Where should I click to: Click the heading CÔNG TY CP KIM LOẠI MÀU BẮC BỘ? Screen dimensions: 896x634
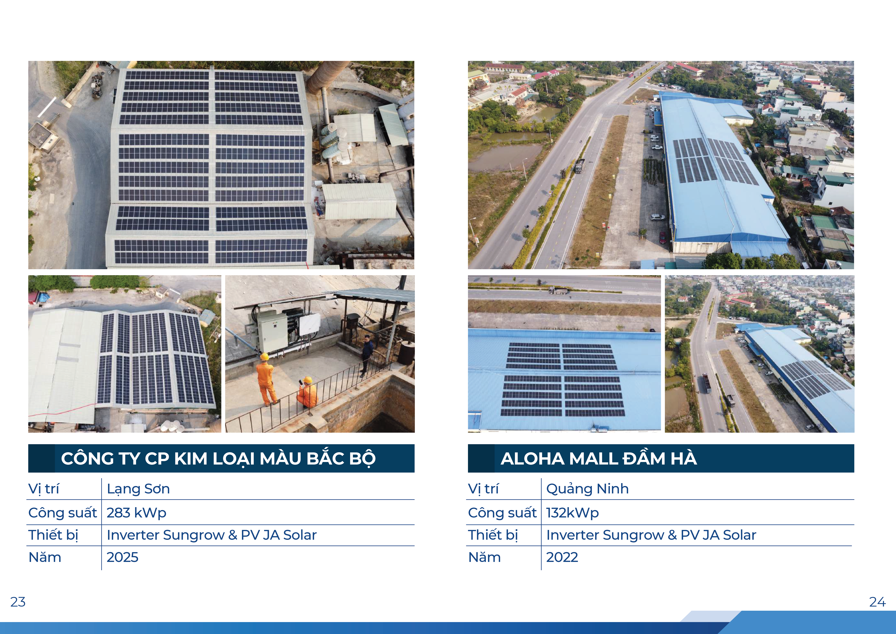pos(218,459)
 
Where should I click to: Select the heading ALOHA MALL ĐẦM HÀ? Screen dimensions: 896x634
pos(598,459)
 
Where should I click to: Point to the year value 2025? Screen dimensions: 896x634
pos(122,557)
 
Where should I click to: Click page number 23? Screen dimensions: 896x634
pos(18,602)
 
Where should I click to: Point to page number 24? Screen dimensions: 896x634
pos(877,602)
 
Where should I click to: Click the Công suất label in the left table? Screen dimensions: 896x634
pos(63,513)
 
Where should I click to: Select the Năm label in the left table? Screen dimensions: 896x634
pos(45,557)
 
